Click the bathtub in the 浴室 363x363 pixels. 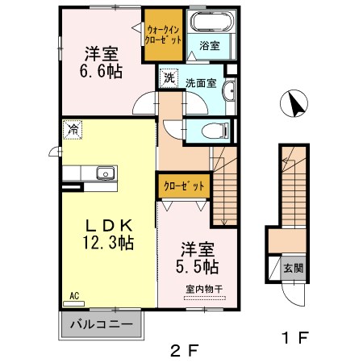click(211, 22)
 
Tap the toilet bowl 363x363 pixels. click(215, 131)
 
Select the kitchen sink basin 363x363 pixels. click(106, 173)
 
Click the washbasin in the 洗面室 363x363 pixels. click(228, 91)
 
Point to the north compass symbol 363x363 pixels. click(294, 103)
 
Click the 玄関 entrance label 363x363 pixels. click(294, 268)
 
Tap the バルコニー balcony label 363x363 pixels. click(102, 324)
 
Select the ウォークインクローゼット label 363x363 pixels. click(163, 35)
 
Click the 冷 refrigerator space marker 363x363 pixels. click(73, 130)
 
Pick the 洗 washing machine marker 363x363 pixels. click(169, 78)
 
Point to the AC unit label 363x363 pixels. click(74, 296)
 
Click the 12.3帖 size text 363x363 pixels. click(108, 243)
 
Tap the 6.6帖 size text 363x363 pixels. click(101, 71)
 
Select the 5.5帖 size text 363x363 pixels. click(197, 266)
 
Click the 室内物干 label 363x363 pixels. click(204, 289)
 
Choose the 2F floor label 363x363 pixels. click(185, 350)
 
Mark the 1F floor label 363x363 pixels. click(294, 338)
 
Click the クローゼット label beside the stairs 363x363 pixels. click(184, 186)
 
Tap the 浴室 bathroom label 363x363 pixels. click(210, 45)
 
